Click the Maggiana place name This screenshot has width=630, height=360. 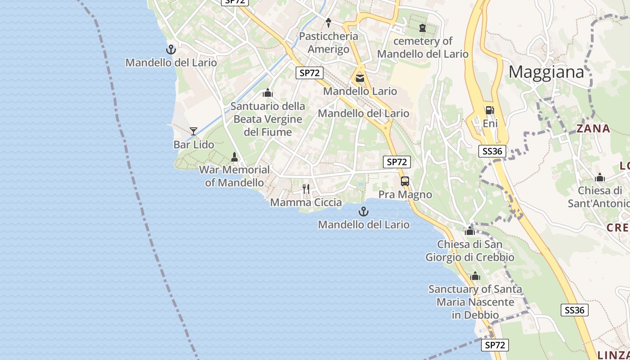coord(546,72)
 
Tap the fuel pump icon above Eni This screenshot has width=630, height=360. coord(489,110)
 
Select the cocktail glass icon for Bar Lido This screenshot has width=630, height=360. coord(193,131)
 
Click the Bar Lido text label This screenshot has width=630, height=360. coord(194,144)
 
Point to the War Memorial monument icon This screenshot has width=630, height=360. coord(234,157)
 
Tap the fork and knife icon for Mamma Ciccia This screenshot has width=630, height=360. coord(306,189)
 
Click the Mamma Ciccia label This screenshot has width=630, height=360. coord(306,202)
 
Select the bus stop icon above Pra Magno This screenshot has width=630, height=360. coord(405,181)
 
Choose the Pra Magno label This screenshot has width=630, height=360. coord(405,194)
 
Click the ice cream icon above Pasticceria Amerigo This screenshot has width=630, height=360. coord(328,22)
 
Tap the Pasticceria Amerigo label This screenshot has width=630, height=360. coord(328,42)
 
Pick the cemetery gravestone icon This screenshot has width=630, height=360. coord(422,28)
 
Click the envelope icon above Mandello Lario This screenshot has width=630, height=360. coord(360,78)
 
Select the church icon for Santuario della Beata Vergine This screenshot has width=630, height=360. coord(268,93)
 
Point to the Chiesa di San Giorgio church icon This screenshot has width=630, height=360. coord(470,231)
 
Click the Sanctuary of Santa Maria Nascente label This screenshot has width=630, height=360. coord(475,301)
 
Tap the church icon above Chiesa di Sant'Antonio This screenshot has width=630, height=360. coord(599,177)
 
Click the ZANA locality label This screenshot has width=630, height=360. coord(594,129)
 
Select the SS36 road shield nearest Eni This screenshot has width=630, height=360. coord(492,151)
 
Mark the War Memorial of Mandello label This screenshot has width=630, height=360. coord(234,176)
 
